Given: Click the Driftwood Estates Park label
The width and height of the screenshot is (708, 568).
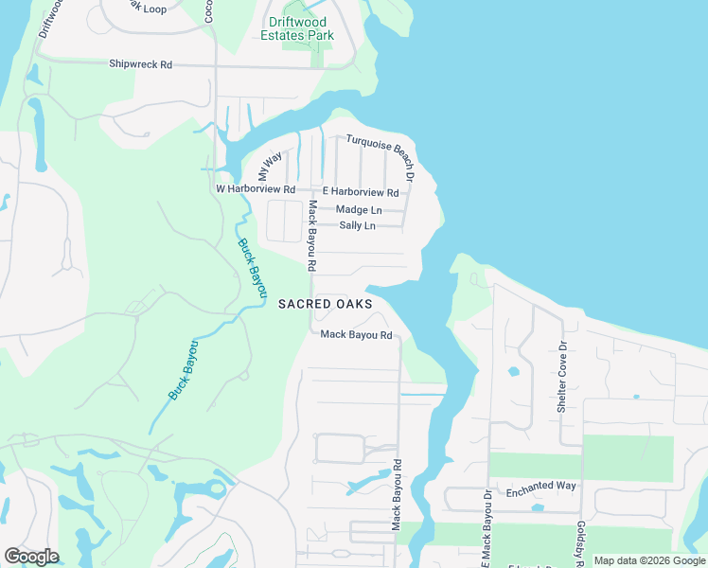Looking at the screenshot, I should pos(298,28).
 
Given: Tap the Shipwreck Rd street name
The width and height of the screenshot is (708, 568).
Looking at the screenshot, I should pos(141,64).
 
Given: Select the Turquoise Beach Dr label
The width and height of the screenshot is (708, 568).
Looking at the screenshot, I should pos(381,156).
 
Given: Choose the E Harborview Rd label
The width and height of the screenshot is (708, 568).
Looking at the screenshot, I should pos(361,192).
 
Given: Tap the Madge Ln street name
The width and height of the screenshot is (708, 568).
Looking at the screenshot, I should pos(359,209).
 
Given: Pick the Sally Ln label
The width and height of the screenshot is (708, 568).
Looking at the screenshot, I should pos(357,225).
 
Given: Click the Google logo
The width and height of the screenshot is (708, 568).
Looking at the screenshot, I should pos(31,557).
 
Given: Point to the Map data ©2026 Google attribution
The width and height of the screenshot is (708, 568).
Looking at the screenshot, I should pos(648,560).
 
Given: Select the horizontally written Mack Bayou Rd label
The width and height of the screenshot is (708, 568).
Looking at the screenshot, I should pos(356,334).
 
